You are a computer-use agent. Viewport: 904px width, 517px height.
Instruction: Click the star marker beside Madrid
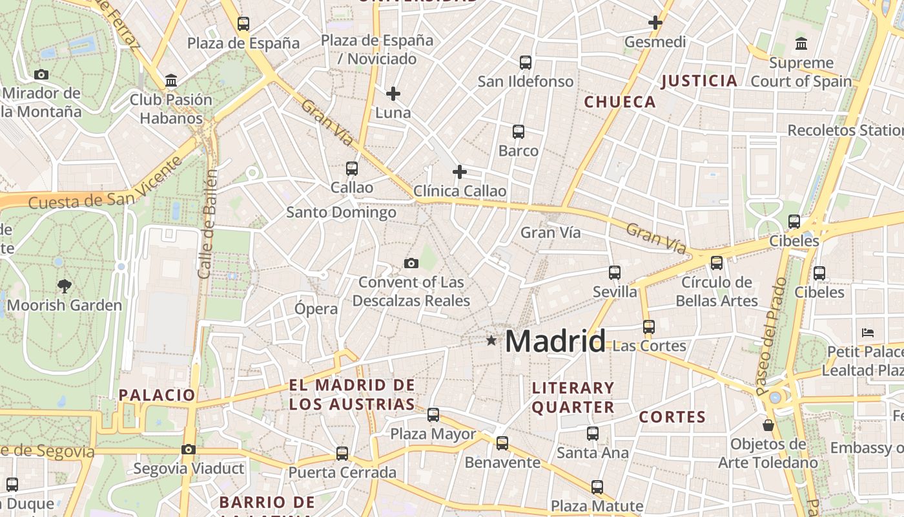coord(491,340)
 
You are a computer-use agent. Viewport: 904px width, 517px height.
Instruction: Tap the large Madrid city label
coord(555,341)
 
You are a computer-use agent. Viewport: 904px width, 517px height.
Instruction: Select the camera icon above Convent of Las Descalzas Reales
coord(411,263)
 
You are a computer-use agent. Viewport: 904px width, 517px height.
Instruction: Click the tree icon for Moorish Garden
coord(64,285)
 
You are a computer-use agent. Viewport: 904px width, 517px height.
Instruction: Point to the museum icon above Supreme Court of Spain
coord(801,44)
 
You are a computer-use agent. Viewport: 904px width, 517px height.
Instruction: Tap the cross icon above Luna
coord(393,94)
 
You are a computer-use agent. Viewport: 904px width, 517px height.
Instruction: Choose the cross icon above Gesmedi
coord(655,23)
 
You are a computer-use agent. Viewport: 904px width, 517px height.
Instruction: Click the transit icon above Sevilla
coord(615,273)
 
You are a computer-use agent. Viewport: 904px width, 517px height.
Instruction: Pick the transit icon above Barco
coord(518,132)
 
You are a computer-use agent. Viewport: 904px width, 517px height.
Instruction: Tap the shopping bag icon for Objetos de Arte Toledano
coord(768,425)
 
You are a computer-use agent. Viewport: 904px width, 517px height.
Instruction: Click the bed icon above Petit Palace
coord(868,333)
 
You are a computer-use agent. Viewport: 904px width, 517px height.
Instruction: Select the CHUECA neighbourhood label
coord(620,102)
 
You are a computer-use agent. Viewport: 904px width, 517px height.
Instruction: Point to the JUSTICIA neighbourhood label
coord(699,81)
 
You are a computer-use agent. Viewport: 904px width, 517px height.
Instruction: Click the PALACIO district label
coord(156,395)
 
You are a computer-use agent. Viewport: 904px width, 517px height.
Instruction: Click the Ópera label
coord(316,309)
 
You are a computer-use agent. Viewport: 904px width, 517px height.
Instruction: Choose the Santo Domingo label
coord(341,212)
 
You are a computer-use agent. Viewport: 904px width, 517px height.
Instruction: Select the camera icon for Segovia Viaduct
coord(189,449)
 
